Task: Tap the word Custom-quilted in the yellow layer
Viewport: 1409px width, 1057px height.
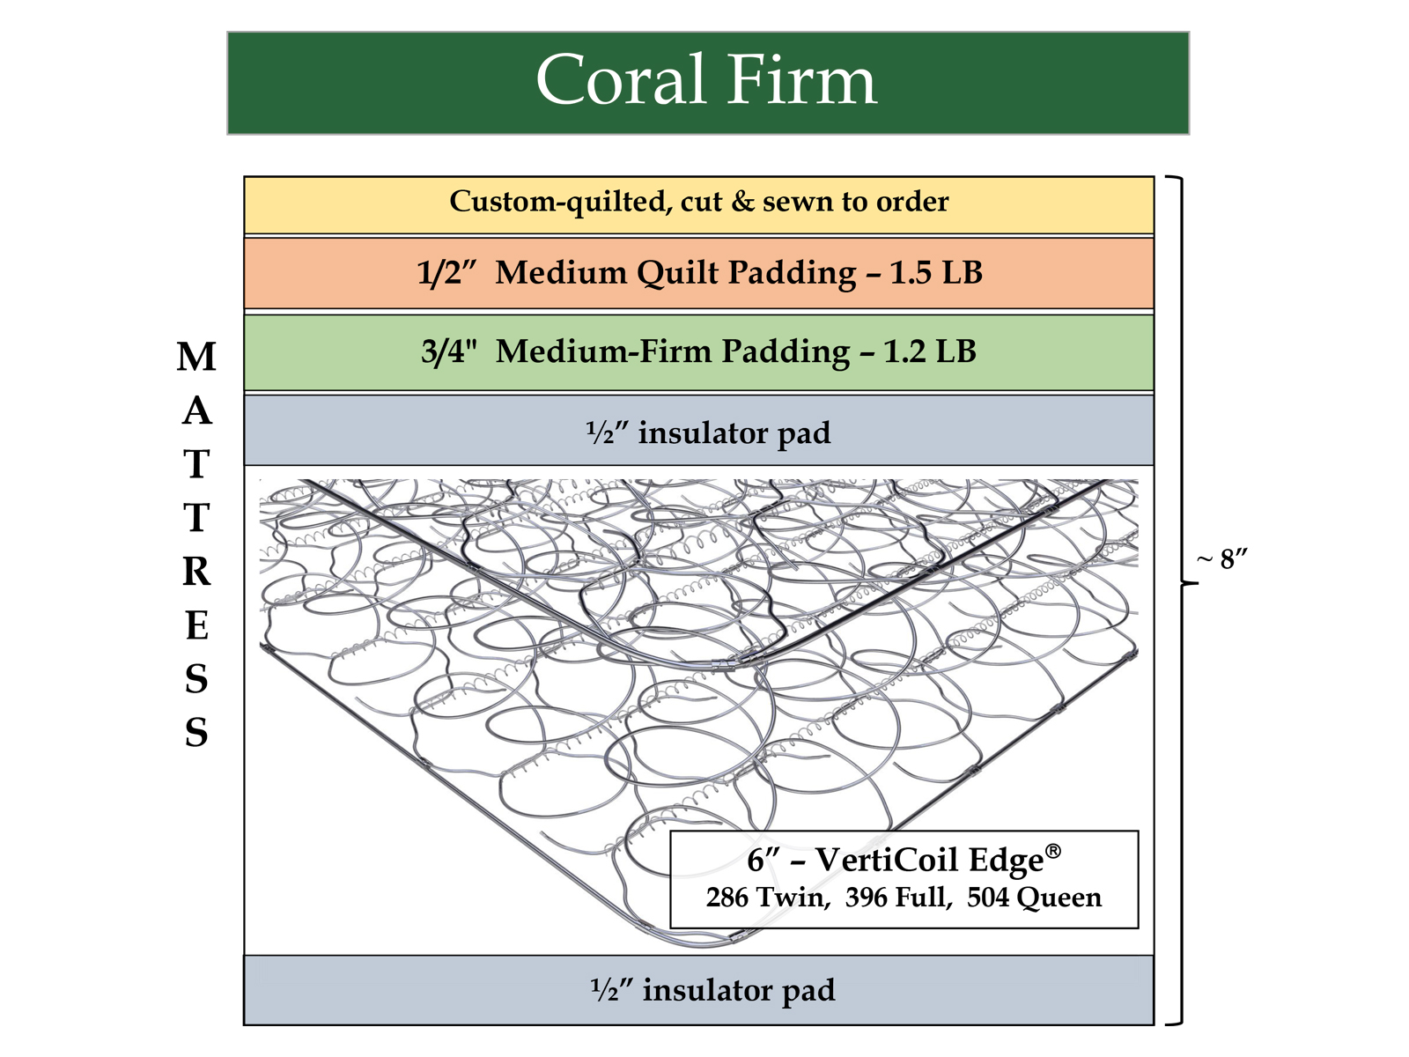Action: [x=559, y=202]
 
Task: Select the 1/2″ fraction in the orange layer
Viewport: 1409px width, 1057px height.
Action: [x=445, y=273]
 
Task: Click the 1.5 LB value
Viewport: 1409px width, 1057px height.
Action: [x=935, y=273]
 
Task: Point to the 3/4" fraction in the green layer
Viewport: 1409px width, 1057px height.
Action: [x=448, y=351]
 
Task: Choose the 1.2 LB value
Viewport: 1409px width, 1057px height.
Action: [x=930, y=351]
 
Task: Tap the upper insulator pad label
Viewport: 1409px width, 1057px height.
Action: [x=708, y=432]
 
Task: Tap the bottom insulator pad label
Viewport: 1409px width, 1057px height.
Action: [x=712, y=990]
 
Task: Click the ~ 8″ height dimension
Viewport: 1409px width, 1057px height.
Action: [x=1223, y=558]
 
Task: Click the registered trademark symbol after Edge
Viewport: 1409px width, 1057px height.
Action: [x=1053, y=851]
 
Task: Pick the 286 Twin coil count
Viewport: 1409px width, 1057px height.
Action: [x=765, y=898]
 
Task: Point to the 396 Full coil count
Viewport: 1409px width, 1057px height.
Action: [x=897, y=898]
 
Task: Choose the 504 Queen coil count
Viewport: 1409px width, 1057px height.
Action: [x=1034, y=898]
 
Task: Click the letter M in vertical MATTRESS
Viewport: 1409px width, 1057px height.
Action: [x=196, y=357]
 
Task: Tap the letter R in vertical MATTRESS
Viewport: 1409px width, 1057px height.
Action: [x=196, y=572]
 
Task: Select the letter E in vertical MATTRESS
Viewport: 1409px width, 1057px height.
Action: [x=196, y=625]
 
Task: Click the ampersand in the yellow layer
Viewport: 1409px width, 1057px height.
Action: [x=742, y=202]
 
